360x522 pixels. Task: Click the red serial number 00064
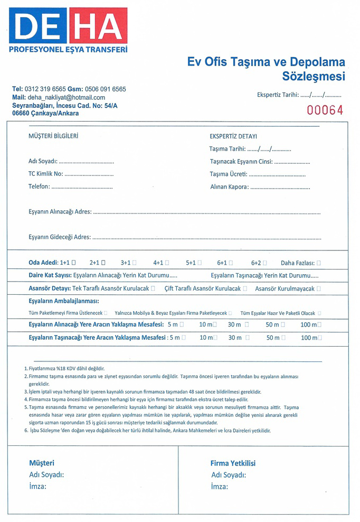pyautogui.click(x=325, y=110)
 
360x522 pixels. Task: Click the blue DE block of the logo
pyautogui.click(x=38, y=25)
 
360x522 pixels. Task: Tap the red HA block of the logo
pyautogui.click(x=99, y=25)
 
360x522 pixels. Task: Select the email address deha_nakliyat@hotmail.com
pyautogui.click(x=66, y=98)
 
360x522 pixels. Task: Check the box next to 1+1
pyautogui.click(x=73, y=262)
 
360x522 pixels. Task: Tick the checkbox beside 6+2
pyautogui.click(x=265, y=262)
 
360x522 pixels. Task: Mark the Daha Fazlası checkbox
pyautogui.click(x=319, y=262)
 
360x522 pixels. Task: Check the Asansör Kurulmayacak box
pyautogui.click(x=318, y=289)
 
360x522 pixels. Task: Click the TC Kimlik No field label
pyautogui.click(x=46, y=174)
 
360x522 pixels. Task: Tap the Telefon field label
pyautogui.click(x=39, y=187)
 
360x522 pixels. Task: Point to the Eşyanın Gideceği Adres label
pyautogui.click(x=60, y=237)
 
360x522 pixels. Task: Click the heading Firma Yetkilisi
pyautogui.click(x=233, y=463)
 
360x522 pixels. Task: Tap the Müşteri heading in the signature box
pyautogui.click(x=42, y=463)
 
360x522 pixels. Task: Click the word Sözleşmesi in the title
pyautogui.click(x=314, y=77)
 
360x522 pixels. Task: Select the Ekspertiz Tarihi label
pyautogui.click(x=278, y=96)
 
